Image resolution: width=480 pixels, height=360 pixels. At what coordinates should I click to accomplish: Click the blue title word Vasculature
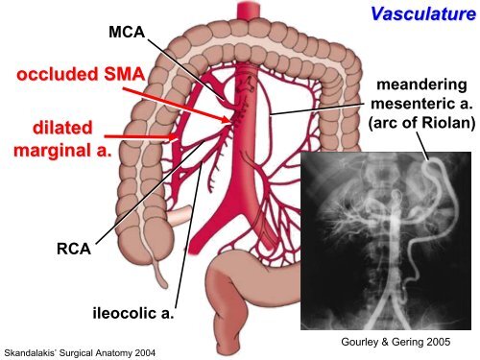(x=423, y=13)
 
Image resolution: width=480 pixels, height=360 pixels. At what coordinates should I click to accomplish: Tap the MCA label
(x=127, y=32)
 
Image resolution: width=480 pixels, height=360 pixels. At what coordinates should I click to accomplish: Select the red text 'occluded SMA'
(x=81, y=74)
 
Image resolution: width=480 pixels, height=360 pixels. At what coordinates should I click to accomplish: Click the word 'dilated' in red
(x=62, y=128)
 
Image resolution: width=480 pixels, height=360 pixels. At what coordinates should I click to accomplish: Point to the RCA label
(x=74, y=249)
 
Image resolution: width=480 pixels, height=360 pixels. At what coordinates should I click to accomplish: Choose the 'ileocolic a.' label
(x=133, y=313)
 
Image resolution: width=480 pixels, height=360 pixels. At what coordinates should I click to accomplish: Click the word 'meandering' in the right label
(x=421, y=85)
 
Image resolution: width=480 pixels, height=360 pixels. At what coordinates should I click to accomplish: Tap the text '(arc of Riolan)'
(x=421, y=123)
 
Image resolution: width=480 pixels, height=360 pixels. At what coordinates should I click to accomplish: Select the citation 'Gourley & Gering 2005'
(x=396, y=342)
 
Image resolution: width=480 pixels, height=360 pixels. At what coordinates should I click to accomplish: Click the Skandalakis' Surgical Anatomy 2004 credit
(x=80, y=353)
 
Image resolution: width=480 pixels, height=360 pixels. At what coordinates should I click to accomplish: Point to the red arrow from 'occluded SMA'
(x=177, y=105)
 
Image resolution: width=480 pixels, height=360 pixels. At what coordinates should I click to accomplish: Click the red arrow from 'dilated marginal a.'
(x=141, y=137)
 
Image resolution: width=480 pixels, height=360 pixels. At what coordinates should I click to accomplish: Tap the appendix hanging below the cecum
(x=160, y=271)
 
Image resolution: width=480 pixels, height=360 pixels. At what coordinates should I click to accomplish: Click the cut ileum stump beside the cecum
(x=180, y=214)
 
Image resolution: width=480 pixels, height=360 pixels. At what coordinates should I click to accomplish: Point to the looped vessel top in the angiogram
(x=434, y=162)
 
